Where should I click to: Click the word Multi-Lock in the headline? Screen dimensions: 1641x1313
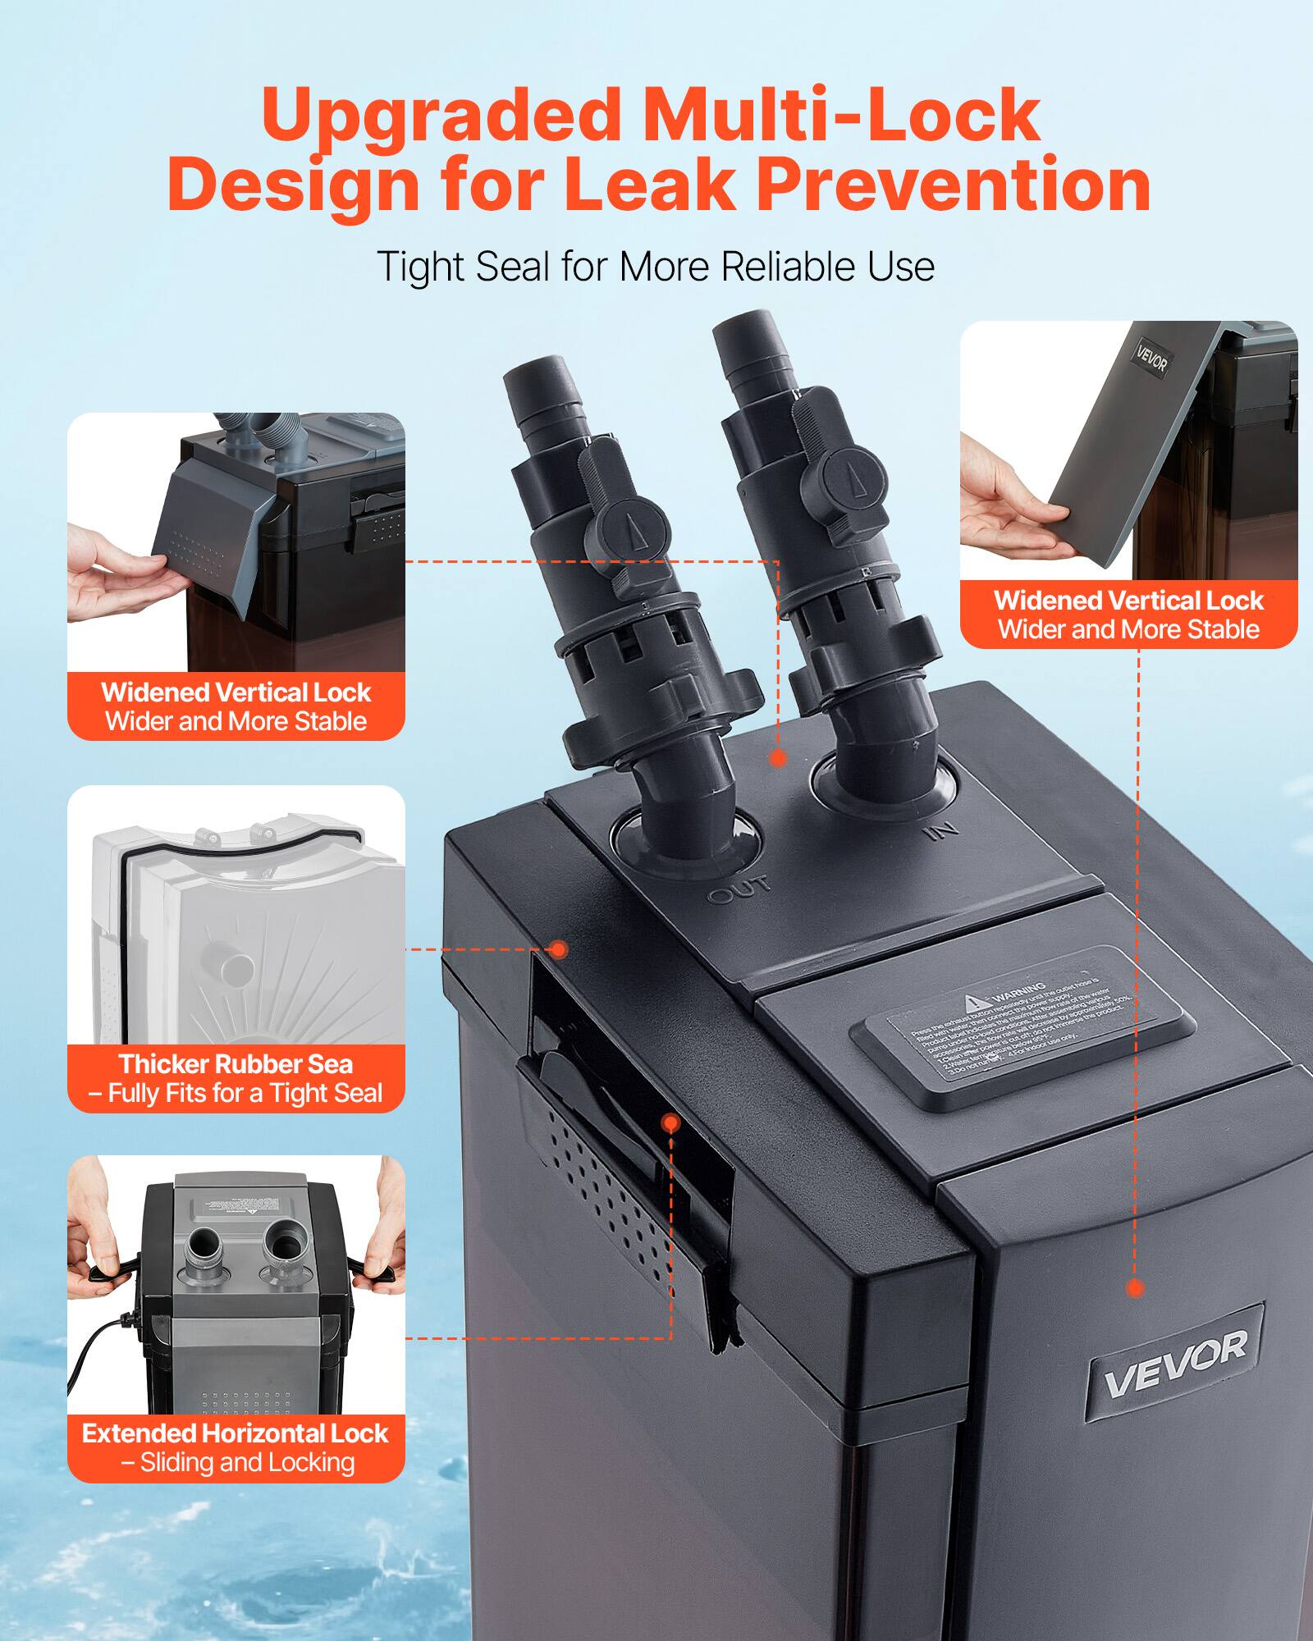[x=841, y=115]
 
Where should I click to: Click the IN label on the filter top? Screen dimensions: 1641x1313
[x=941, y=831]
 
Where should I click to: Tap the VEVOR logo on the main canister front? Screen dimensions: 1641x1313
[x=1175, y=1364]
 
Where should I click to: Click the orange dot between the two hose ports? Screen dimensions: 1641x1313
[x=778, y=758]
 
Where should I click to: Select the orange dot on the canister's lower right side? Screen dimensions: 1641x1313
[x=1136, y=1288]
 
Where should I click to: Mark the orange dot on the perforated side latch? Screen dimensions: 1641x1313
[x=670, y=1122]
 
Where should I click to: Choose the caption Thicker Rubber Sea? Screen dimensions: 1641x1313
[x=236, y=1064]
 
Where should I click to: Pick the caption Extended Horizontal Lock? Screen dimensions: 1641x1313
[x=235, y=1433]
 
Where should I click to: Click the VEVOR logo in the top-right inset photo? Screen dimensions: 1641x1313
[x=1151, y=359]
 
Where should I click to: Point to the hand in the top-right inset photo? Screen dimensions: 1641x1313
[x=1005, y=505]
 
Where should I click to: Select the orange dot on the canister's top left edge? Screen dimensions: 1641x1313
[x=559, y=949]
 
